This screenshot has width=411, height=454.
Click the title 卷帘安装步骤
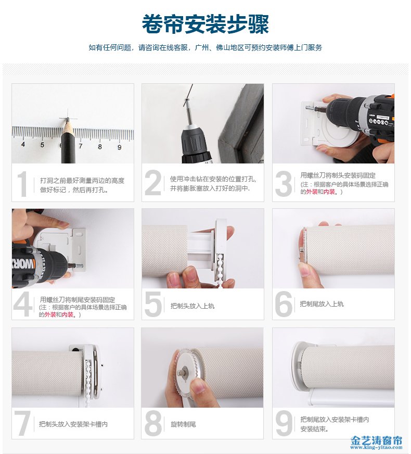tap(205, 24)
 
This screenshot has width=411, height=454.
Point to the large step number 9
tap(284, 424)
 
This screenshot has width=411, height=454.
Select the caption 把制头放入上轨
tap(192, 306)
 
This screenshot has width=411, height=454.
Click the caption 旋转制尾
tap(183, 424)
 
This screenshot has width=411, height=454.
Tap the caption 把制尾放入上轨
tap(322, 304)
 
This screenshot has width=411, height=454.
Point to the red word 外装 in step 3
tap(312, 192)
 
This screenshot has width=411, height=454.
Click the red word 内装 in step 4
tap(68, 314)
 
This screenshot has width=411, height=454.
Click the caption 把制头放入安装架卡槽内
tap(73, 424)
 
